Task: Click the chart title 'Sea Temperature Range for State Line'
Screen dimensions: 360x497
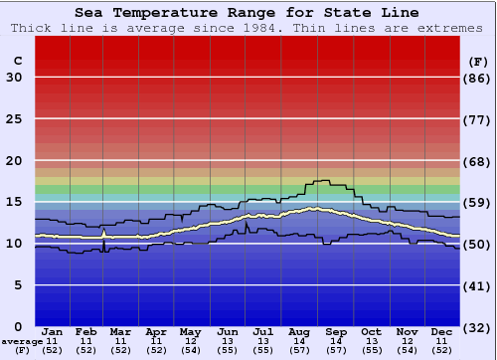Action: [246, 13]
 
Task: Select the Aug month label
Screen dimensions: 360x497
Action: [300, 331]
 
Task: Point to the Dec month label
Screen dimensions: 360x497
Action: [442, 331]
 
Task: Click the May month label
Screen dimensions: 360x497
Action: [189, 331]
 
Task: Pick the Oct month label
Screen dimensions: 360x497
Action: [371, 331]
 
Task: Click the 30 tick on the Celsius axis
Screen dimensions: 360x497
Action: [14, 78]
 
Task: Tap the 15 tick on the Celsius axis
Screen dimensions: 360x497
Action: [14, 202]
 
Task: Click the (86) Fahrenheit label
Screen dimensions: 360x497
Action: [478, 78]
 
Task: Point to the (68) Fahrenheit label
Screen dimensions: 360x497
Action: [478, 161]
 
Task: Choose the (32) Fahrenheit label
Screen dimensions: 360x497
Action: [478, 326]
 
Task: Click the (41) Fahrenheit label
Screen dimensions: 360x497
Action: [478, 285]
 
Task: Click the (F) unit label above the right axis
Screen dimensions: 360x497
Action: [477, 61]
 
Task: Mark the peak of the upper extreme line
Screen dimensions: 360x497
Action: [322, 180]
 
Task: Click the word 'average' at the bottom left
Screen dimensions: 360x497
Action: [22, 341]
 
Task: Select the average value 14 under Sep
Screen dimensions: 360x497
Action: [335, 341]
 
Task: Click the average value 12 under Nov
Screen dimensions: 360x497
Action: [407, 341]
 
